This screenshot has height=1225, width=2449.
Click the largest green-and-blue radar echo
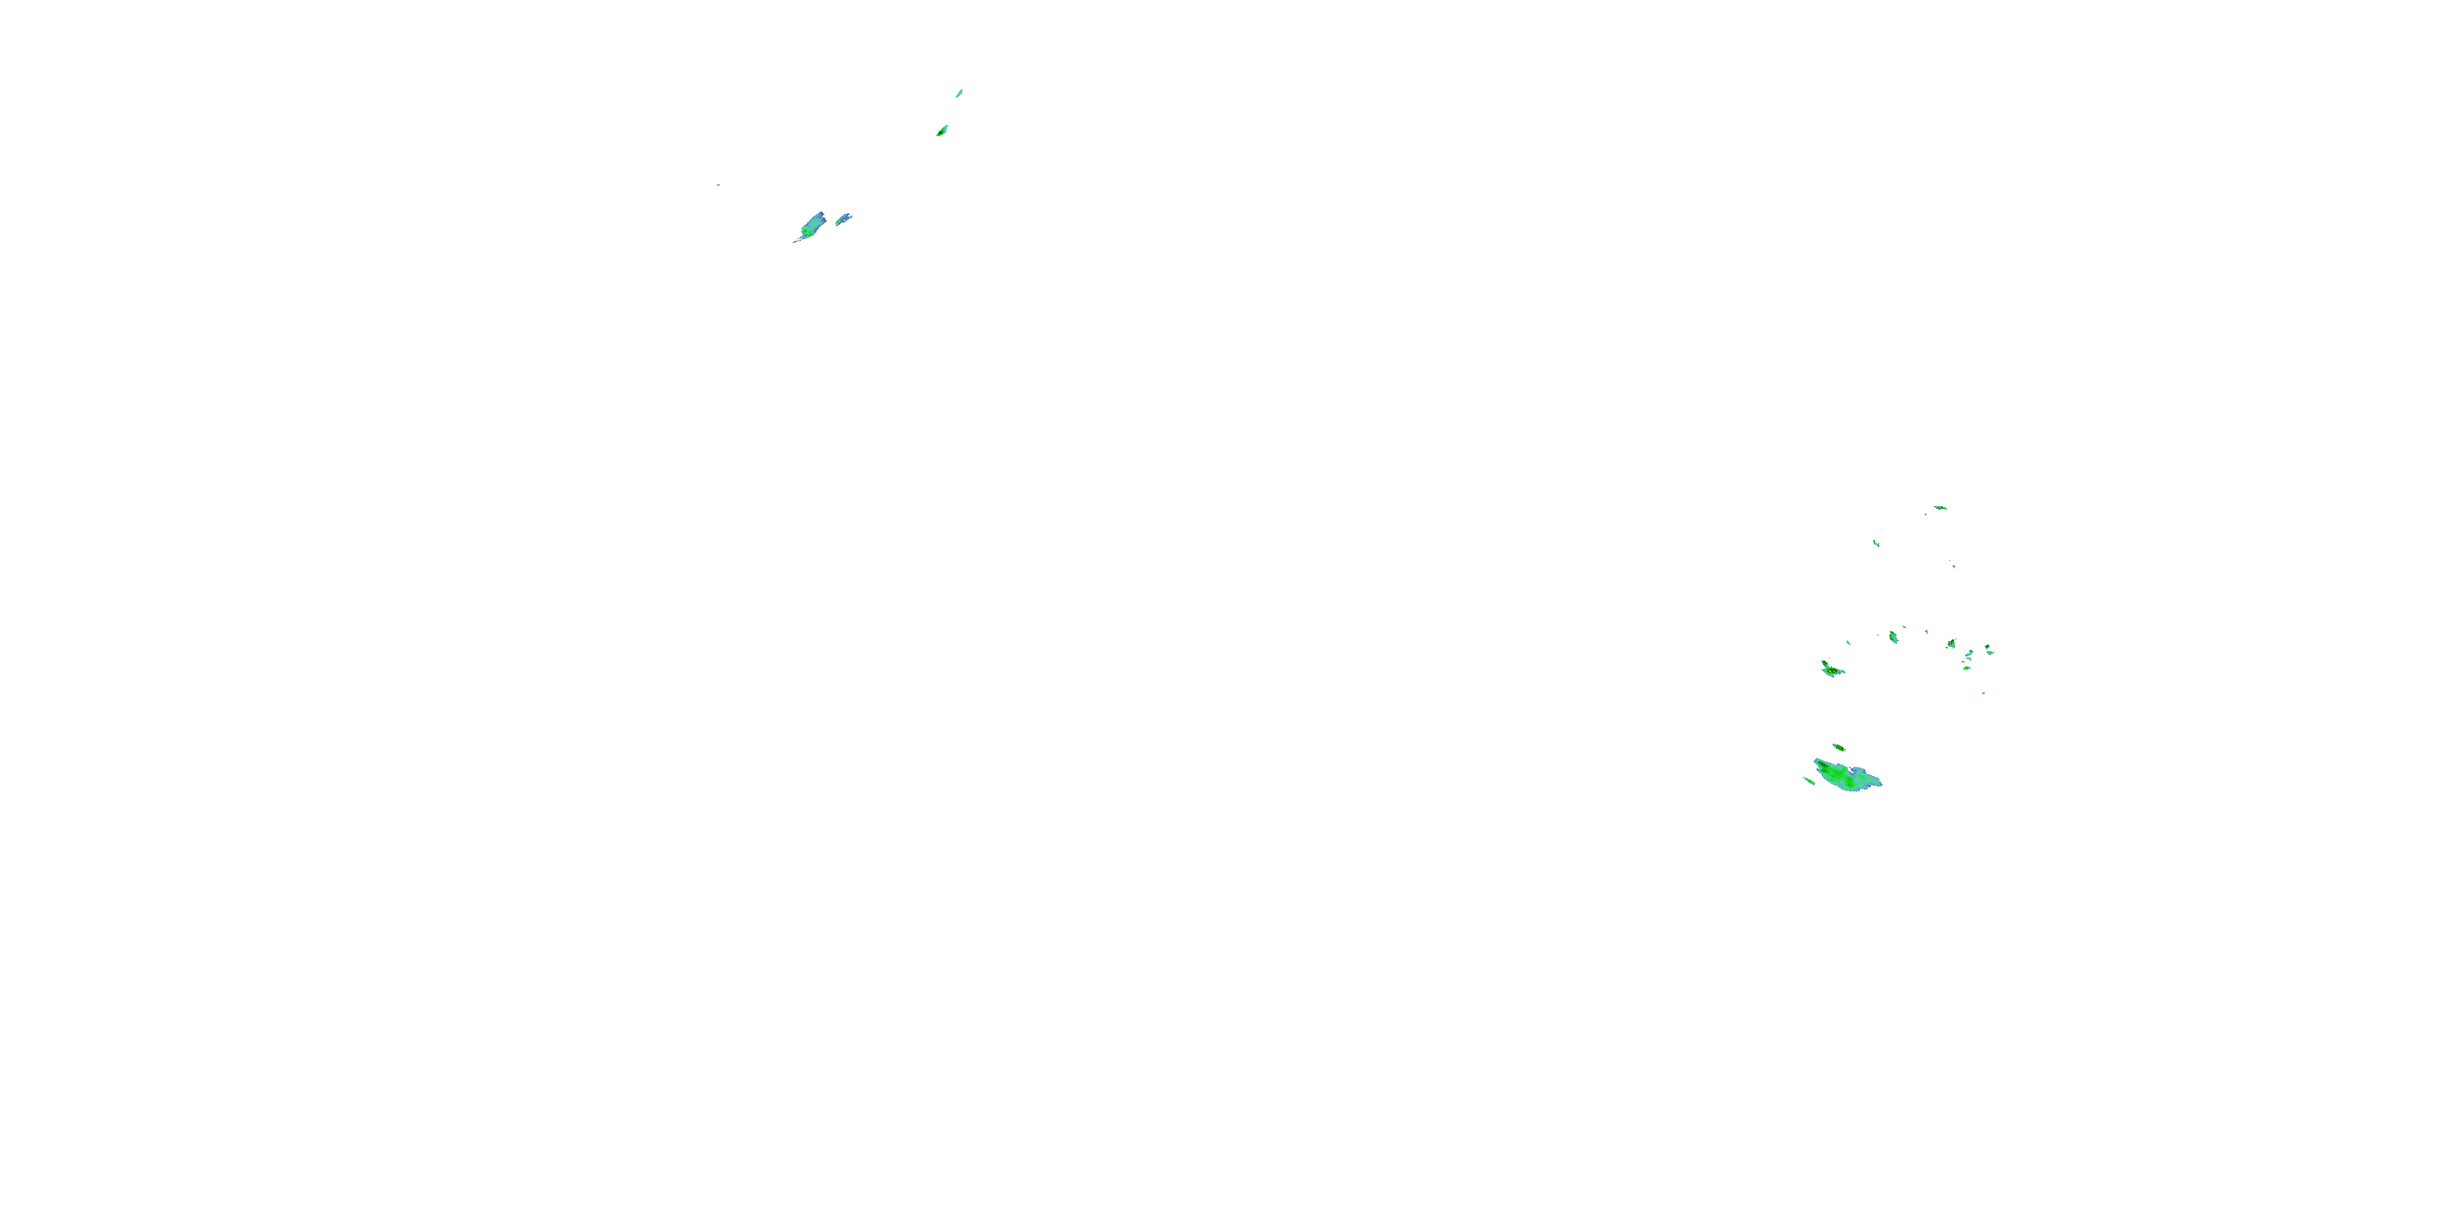(1847, 775)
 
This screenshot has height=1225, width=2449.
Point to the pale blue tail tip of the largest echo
(1878, 782)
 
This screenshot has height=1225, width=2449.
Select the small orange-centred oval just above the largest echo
(1838, 746)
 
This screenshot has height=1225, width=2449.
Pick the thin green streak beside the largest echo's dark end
(1808, 781)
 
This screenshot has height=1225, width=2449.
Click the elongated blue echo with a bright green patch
(811, 226)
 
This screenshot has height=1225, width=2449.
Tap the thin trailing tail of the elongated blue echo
(797, 241)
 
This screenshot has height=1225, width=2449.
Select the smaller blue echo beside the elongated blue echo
(842, 220)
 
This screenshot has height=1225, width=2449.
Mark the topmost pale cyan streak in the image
(959, 93)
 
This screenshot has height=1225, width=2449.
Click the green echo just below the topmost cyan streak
(942, 131)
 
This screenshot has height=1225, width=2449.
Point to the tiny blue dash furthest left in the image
(718, 185)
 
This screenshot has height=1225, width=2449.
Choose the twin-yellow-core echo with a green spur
(1831, 670)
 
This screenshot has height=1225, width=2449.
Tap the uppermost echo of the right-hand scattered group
(1940, 508)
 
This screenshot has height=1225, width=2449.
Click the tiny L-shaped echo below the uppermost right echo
(1876, 543)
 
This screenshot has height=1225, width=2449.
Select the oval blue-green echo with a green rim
(1894, 636)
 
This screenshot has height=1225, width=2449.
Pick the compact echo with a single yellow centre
(1951, 644)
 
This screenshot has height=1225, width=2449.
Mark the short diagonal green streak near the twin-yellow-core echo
(1848, 643)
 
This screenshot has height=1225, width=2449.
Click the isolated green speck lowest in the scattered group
(1983, 693)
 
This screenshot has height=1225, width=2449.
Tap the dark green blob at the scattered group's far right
(1988, 649)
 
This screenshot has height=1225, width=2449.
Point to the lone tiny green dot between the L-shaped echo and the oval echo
(1953, 567)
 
